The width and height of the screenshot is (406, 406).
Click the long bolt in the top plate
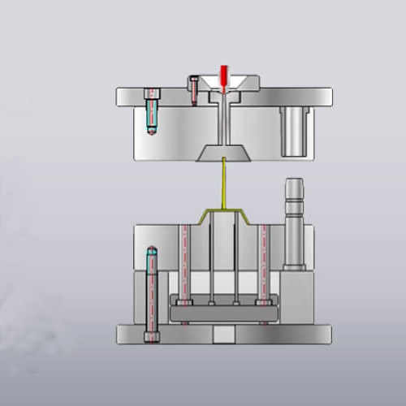point(151,112)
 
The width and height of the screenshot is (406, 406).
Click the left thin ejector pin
point(210,260)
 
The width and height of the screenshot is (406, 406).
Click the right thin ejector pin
point(235,260)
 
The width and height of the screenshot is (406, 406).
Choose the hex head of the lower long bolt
point(150,335)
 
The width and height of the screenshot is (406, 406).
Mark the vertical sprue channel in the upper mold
point(220,122)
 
